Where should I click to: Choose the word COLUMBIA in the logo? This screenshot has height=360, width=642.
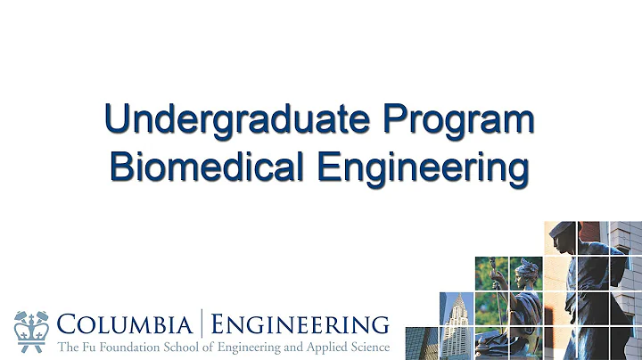[x=128, y=322]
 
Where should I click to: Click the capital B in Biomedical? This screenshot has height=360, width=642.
[x=121, y=167]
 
